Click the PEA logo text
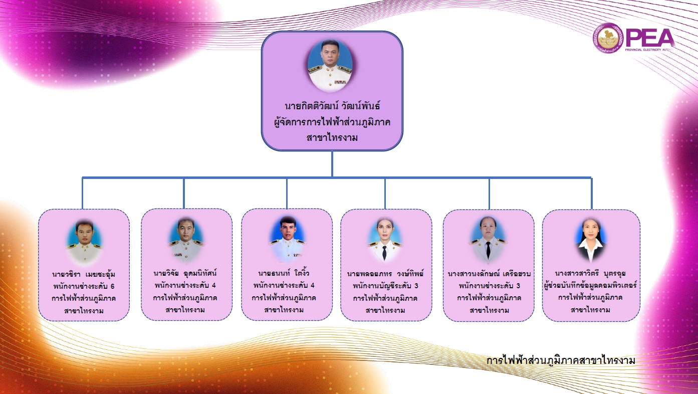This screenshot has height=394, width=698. tap(650, 38)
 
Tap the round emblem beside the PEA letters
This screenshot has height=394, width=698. tap(608, 38)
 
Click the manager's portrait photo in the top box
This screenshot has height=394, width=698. tap(330, 66)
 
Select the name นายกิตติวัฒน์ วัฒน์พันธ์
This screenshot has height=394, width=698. tap(332, 106)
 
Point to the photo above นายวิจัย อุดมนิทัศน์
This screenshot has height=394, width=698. tap(186, 240)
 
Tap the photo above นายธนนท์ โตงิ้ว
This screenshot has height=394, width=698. tap(288, 239)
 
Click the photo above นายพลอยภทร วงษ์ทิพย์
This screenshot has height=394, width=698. tap(385, 240)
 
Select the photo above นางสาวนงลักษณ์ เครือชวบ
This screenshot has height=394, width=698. tap(488, 240)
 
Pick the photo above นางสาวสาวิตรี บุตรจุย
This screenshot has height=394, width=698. tap(590, 240)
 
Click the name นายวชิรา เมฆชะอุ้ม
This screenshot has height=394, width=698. tap(84, 275)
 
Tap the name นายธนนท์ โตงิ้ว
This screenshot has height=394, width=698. tap(284, 273)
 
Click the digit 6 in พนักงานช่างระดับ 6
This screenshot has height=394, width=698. tap(112, 286)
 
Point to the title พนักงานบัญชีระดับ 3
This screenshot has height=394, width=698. tap(385, 286)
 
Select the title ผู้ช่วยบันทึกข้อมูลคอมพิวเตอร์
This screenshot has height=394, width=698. tap(590, 286)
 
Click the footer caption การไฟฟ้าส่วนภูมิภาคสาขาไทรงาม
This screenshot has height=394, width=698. tap(561, 360)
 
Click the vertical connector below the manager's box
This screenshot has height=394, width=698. tap(332, 164)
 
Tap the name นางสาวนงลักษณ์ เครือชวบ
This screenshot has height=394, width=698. tap(489, 274)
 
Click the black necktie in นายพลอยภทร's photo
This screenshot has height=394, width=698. tap(384, 253)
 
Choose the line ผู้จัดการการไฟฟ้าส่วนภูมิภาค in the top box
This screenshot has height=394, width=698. tap(332, 122)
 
